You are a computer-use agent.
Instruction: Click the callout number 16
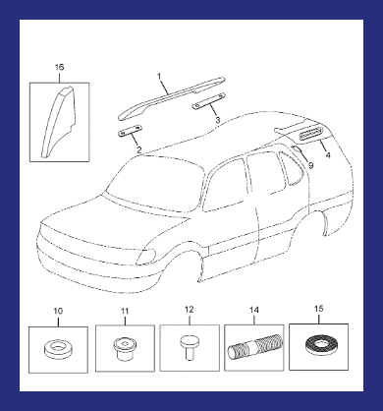59,68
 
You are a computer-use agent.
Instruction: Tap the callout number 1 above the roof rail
159,77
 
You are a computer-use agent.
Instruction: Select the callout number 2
139,150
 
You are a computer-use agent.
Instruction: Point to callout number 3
218,120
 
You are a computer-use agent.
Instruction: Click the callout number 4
328,154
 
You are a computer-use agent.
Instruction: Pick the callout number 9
310,165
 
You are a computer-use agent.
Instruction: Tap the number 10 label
58,311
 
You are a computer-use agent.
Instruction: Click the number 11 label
125,311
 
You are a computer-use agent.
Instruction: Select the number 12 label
190,310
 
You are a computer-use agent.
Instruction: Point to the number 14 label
254,310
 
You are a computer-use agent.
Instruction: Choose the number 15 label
318,309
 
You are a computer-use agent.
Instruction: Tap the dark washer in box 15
319,346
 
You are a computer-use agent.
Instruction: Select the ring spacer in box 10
58,349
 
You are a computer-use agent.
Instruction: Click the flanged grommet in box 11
125,349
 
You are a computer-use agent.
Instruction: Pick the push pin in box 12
190,347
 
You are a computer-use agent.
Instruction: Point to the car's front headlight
146,257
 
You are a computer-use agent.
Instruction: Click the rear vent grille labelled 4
311,134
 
